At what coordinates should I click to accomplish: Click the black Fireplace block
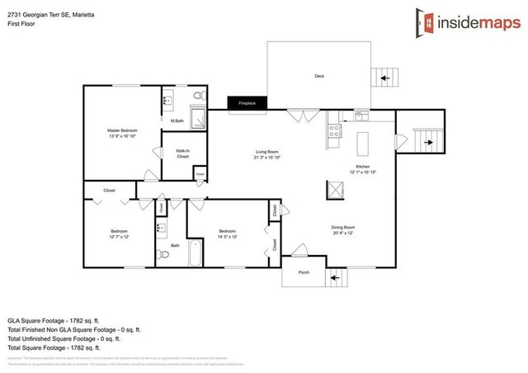pos(247,103)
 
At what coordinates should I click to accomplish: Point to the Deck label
pos(319,76)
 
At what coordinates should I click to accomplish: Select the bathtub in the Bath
pos(196,253)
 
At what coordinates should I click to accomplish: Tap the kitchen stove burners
pos(335,130)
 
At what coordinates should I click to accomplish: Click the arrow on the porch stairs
pos(335,278)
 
